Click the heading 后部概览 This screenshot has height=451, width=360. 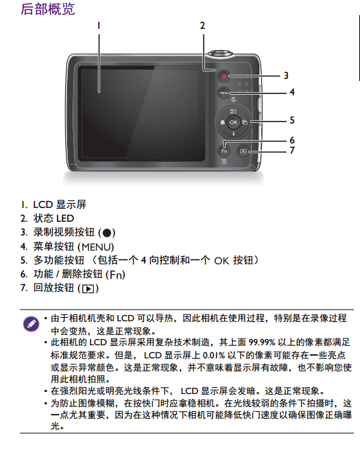(48, 9)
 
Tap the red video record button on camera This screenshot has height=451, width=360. (224, 76)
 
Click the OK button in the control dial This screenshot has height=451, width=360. (233, 122)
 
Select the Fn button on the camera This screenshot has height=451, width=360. (224, 151)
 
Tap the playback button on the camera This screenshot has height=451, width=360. (243, 151)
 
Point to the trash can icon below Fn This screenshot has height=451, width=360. (224, 161)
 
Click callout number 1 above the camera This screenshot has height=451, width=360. (99, 25)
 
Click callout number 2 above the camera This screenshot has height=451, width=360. (202, 25)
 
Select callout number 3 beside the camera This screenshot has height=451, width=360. (286, 76)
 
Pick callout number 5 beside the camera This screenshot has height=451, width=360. (292, 120)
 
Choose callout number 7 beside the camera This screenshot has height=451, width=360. (292, 150)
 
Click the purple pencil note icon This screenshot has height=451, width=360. (31, 324)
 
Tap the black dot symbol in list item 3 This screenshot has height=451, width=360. (106, 233)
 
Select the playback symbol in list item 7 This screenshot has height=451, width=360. (88, 288)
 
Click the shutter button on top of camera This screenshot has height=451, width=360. (220, 54)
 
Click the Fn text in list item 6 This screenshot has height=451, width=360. (115, 275)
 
